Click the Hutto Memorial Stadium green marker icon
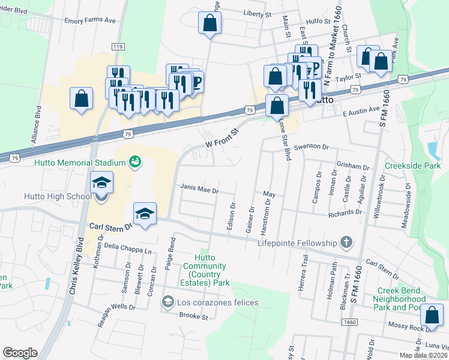point(135,163)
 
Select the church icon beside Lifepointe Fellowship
point(346,242)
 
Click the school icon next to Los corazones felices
point(168,302)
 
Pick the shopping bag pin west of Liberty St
point(210,24)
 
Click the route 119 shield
point(118,47)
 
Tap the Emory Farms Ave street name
point(90,20)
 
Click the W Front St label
point(222,137)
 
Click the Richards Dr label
point(345,212)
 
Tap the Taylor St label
point(348,77)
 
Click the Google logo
point(20,353)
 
